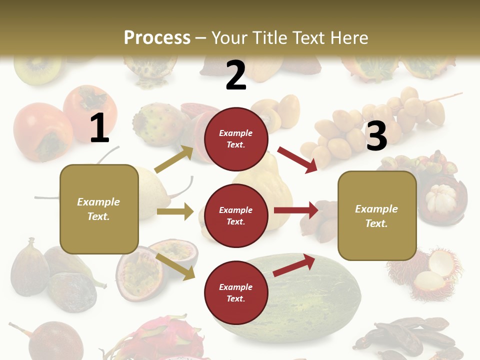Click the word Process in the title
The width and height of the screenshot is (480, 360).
157,38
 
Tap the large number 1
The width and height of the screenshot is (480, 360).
99,128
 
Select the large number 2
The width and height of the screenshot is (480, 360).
236,76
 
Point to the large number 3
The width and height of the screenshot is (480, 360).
376,136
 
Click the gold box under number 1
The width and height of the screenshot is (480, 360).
99,209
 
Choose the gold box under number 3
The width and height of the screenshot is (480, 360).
376,215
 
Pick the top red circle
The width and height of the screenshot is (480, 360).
236,139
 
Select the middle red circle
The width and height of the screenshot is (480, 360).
236,215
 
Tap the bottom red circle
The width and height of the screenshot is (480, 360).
236,292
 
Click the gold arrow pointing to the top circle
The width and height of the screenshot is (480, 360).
174,159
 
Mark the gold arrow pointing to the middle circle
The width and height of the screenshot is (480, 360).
175,211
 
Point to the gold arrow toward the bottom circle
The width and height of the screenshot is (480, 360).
175,265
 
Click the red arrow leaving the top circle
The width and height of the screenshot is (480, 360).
297,159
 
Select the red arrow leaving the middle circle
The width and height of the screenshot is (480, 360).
296,210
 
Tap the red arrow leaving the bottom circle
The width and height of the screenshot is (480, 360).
294,265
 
